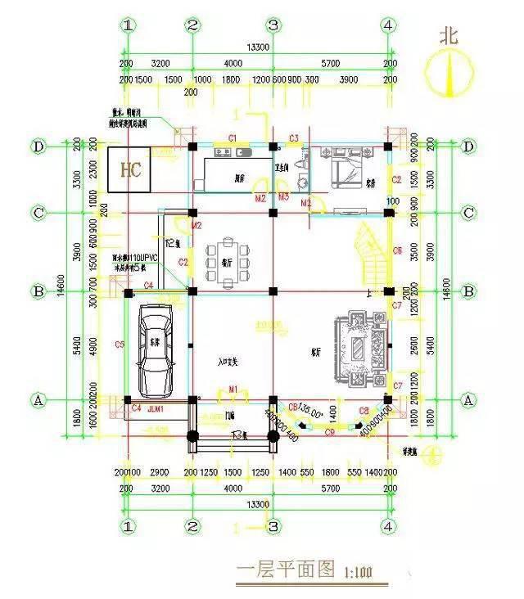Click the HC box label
pos(131,170)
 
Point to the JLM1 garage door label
pos(156,408)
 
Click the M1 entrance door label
pos(233,388)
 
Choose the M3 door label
pos(283,197)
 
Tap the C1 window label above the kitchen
pos(233,137)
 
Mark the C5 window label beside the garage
pos(120,345)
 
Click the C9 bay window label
pos(330,430)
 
